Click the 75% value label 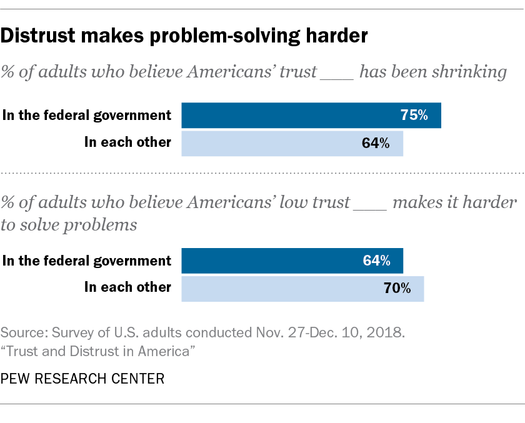pos(414,116)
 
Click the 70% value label pos(397,288)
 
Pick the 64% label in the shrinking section pos(376,143)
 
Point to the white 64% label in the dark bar pos(376,261)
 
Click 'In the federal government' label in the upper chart pos(87,115)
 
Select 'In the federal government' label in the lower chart pos(87,261)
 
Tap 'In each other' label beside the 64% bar pos(127,142)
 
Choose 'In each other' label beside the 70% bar pos(127,287)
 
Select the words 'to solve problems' pos(69,225)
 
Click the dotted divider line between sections pos(262,172)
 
